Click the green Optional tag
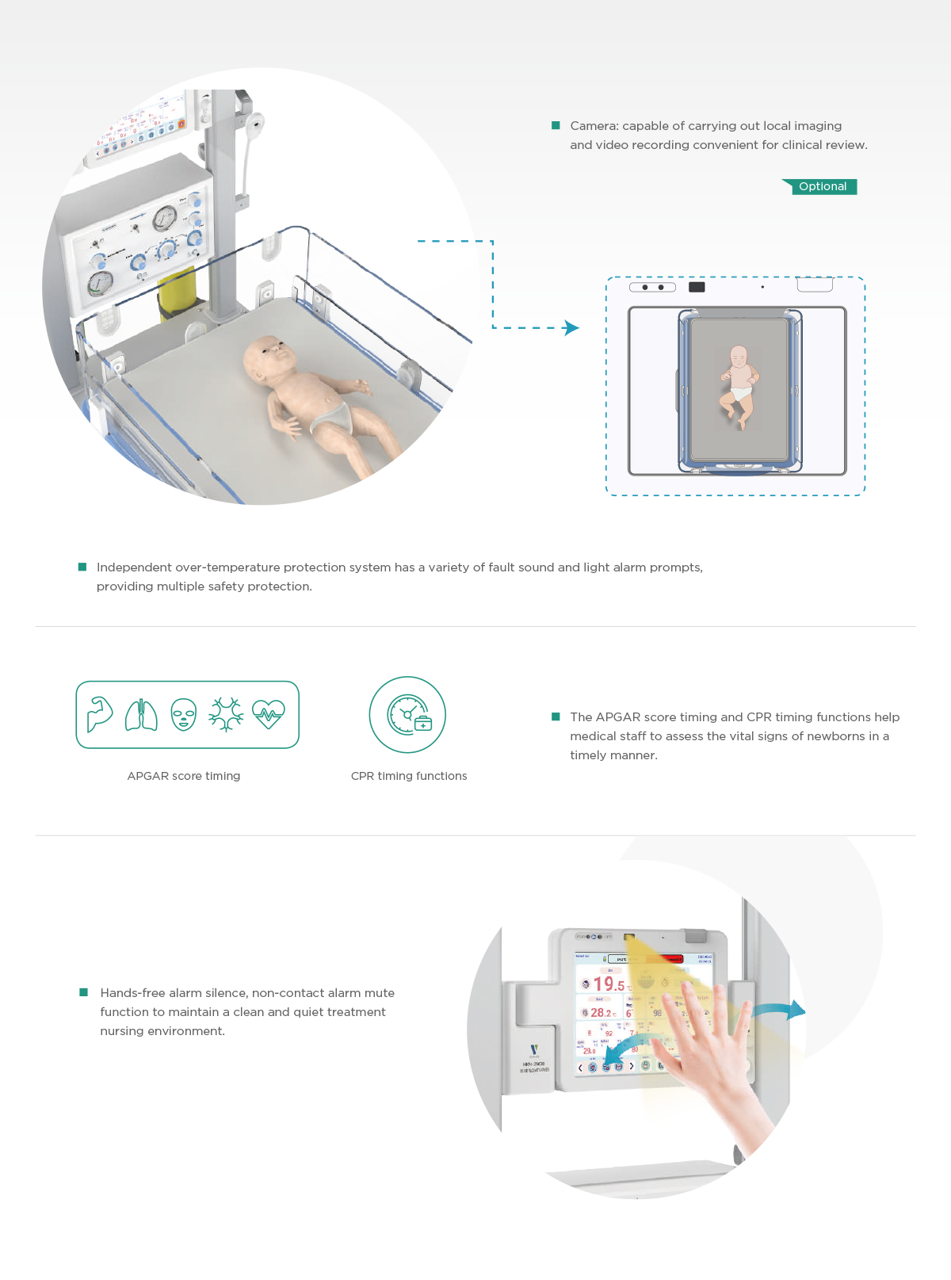coord(823,187)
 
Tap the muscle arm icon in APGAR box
coord(100,714)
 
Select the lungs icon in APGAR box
coord(141,715)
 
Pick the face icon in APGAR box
coord(184,714)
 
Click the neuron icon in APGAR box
coord(226,714)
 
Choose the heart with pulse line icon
coord(269,714)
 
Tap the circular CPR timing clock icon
coord(408,715)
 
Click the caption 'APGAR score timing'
coord(184,776)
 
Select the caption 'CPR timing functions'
coord(409,776)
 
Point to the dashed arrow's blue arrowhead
coord(571,327)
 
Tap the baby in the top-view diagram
coord(739,385)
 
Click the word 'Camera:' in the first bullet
coord(594,126)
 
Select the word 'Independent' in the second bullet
coord(134,567)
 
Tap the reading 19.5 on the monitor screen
coord(609,984)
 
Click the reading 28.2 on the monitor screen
coord(602,1013)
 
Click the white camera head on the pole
coord(254,124)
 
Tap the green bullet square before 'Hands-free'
coord(83,992)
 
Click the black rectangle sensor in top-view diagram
coord(697,287)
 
